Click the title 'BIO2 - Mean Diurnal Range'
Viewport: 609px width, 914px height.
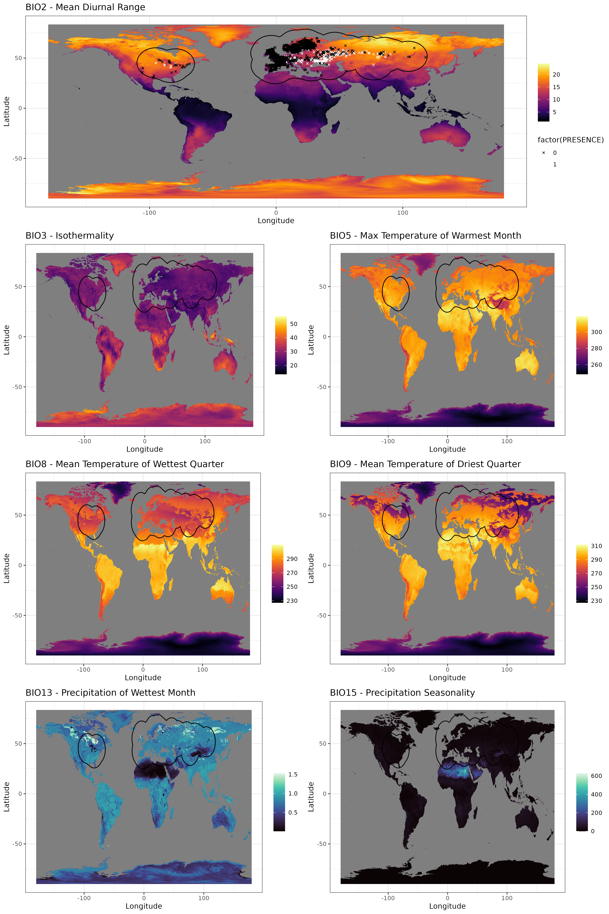85,7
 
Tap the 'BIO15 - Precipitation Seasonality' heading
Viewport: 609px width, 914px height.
402,693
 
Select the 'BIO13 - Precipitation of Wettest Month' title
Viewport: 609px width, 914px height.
110,693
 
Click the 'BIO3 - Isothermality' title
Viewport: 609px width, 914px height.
69,236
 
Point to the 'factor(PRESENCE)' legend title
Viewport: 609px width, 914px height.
570,140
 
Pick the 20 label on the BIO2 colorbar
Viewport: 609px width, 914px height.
556,75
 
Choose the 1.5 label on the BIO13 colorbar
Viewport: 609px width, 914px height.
293,775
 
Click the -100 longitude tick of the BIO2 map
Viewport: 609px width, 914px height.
149,212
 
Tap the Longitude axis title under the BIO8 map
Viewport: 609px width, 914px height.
143,678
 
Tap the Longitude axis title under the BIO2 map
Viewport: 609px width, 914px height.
276,221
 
